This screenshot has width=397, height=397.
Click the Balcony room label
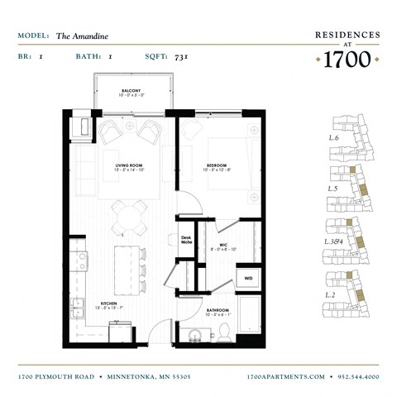(x=129, y=91)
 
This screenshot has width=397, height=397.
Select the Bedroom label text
(x=218, y=167)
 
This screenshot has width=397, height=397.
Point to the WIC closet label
(x=223, y=246)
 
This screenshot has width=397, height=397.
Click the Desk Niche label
(x=186, y=241)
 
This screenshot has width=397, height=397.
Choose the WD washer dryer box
(x=248, y=279)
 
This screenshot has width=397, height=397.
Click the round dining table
(x=129, y=217)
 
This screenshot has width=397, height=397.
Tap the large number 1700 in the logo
(x=347, y=60)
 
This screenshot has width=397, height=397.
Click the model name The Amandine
(x=82, y=36)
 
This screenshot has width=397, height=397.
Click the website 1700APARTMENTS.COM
(x=286, y=376)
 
